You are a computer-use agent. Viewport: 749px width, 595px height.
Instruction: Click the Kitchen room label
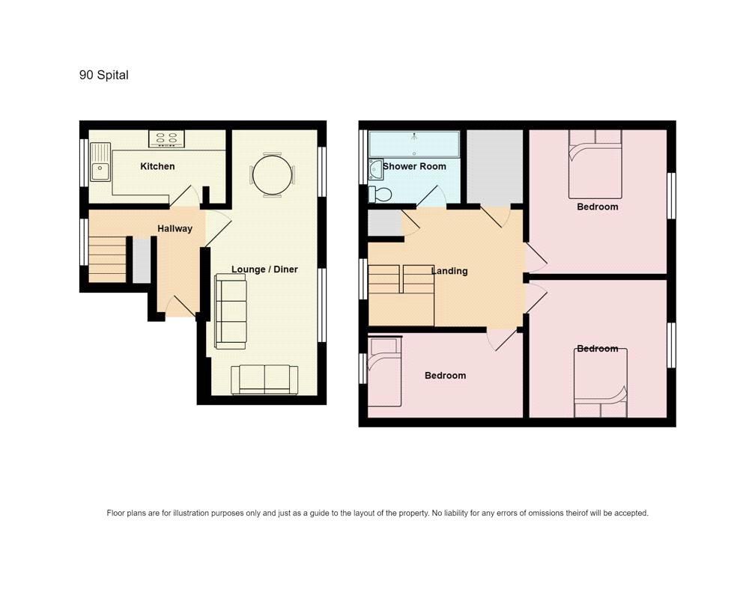pos(157,166)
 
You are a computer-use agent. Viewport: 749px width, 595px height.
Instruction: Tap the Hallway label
pos(175,228)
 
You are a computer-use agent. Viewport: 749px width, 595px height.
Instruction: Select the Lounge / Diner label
pos(264,269)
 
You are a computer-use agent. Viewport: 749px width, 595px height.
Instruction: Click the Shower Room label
pos(415,166)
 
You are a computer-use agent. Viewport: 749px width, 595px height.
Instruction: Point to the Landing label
pos(449,271)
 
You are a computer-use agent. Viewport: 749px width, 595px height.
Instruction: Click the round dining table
pos(272,175)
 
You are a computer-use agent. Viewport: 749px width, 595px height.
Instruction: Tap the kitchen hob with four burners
pos(166,139)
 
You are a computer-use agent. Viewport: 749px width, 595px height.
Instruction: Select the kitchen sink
pos(100,162)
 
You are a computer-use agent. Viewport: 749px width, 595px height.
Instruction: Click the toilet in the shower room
pos(380,194)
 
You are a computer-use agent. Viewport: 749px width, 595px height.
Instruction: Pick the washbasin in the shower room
pos(375,169)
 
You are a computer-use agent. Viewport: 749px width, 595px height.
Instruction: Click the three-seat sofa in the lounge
pos(231,311)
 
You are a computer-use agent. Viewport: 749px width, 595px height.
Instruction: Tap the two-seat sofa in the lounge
pos(264,379)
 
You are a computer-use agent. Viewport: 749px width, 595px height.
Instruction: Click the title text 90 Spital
pos(103,75)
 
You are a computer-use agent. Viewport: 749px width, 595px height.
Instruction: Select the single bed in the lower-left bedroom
pos(384,372)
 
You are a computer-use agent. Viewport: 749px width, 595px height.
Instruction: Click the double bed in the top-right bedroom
pos(595,164)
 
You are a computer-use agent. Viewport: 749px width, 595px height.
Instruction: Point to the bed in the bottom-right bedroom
pos(601,383)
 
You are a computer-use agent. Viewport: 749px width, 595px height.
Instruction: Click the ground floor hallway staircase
pos(107,260)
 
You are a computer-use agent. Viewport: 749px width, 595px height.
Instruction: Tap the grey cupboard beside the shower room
pos(495,166)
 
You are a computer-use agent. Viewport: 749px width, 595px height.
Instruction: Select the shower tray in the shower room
pos(414,144)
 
